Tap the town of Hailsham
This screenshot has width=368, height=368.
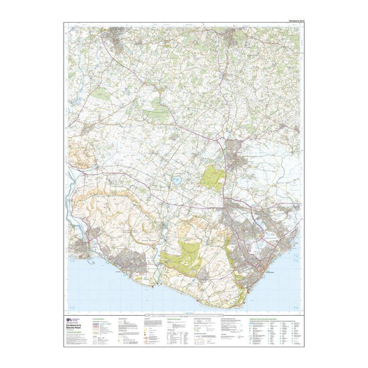coord(235,152)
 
